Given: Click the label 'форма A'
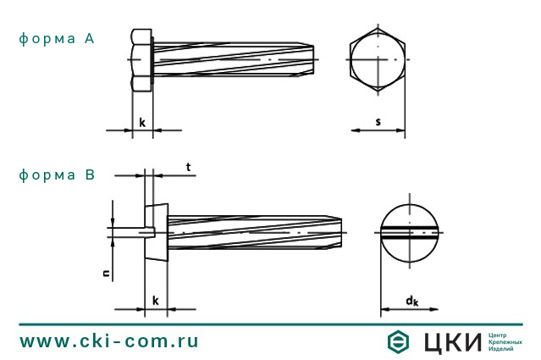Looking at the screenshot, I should click(56, 39).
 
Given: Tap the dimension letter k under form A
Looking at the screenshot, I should click(142, 123).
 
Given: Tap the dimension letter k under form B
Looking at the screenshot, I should click(155, 301).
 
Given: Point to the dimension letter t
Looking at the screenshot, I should click(187, 167).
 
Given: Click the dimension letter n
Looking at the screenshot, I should click(106, 273).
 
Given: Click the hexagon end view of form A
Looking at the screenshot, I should click(378, 60).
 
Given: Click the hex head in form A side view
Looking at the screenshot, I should click(141, 60).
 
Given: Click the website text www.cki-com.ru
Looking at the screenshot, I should click(108, 341).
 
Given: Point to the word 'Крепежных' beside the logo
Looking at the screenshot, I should click(505, 341).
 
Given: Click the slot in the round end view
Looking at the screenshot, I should click(409, 230).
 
